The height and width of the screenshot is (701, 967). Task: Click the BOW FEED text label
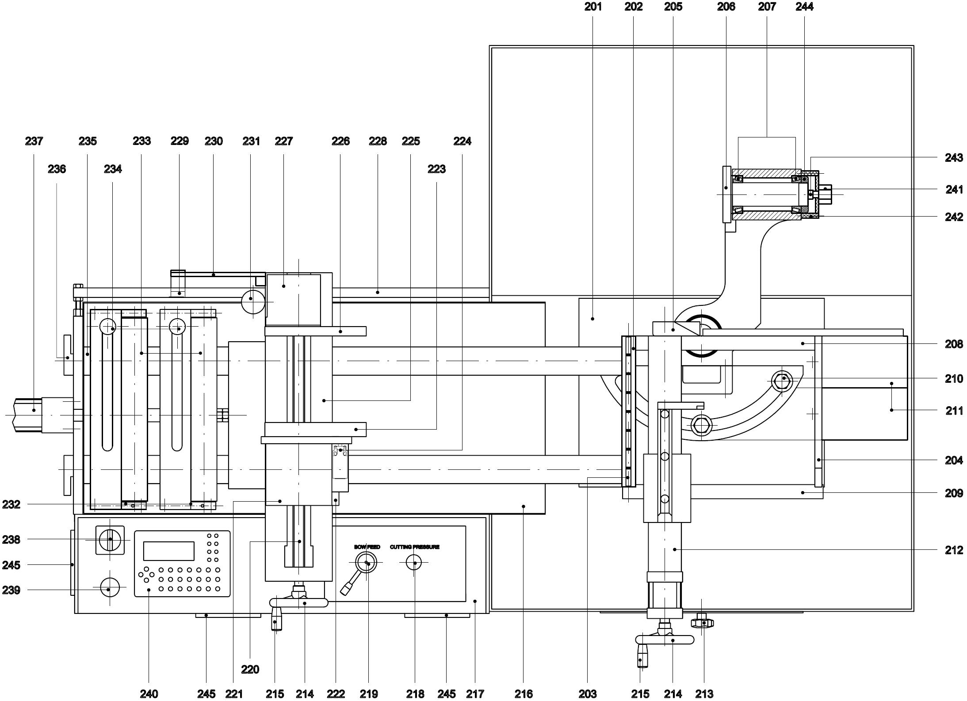(x=367, y=547)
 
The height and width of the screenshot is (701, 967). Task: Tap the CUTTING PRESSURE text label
(x=415, y=547)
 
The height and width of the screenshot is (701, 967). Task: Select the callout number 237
(x=34, y=141)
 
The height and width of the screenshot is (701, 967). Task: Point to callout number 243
(x=954, y=158)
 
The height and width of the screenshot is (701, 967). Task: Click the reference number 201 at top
(x=593, y=7)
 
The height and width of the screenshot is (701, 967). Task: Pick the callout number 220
(x=250, y=670)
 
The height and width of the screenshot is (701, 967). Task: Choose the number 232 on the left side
(x=11, y=504)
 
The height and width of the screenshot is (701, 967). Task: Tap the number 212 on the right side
(x=954, y=550)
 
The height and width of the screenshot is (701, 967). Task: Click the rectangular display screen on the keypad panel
(x=168, y=551)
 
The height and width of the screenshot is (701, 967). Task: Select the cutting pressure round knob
(x=414, y=563)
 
